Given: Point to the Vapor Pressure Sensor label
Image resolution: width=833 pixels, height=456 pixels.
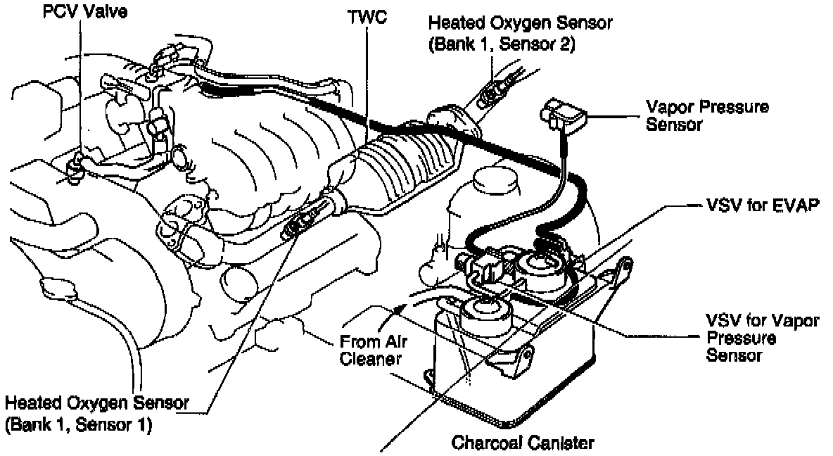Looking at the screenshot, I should [707, 116].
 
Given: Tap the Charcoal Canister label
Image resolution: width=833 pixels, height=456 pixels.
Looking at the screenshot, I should [523, 443].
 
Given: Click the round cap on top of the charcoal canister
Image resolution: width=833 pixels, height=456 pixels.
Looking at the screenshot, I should [481, 308].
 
